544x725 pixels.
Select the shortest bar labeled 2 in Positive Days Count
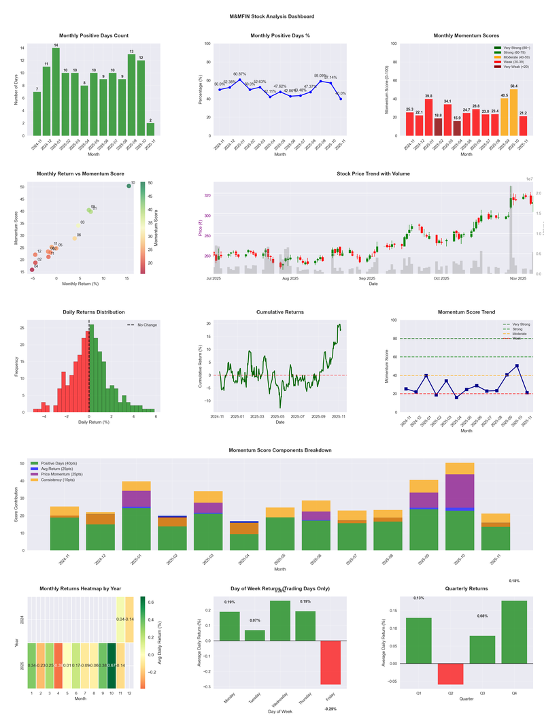tap(150, 129)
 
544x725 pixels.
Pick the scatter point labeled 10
tap(129, 186)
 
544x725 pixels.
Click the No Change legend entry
tap(146, 325)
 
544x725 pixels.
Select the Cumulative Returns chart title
tap(280, 312)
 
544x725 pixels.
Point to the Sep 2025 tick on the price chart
tap(367, 278)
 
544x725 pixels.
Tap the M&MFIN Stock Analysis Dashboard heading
tap(272, 16)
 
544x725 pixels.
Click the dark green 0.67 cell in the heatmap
tap(111, 665)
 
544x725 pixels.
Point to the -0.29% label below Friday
tap(331, 709)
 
